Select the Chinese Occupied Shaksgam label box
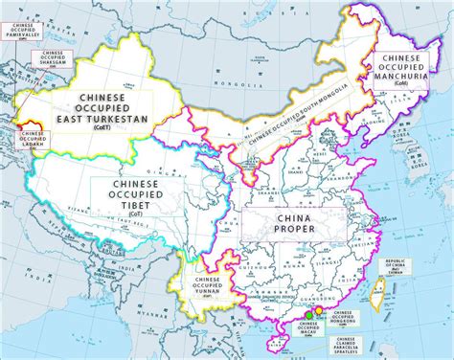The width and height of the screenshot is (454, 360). tap(46, 56)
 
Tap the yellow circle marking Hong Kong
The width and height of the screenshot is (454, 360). tap(320, 311)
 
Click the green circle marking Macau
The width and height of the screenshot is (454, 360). tap(309, 314)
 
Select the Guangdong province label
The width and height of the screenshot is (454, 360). tap(306, 296)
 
